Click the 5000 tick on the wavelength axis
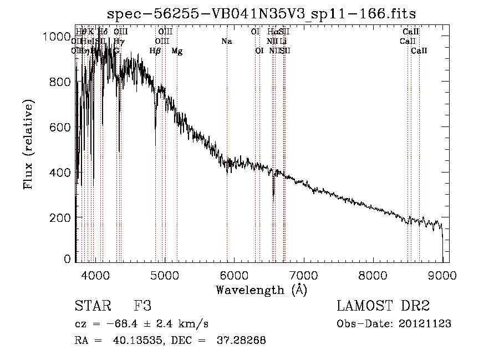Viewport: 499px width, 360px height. point(164,275)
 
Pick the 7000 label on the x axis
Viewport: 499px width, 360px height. point(303,275)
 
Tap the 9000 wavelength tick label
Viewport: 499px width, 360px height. point(442,275)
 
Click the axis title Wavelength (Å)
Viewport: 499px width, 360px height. point(261,290)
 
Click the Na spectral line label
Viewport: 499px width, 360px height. point(226,41)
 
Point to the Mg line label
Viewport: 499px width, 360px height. point(176,51)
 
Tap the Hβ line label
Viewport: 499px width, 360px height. point(155,51)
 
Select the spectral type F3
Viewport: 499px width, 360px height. point(142,306)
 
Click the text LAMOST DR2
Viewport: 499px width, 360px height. point(383,306)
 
